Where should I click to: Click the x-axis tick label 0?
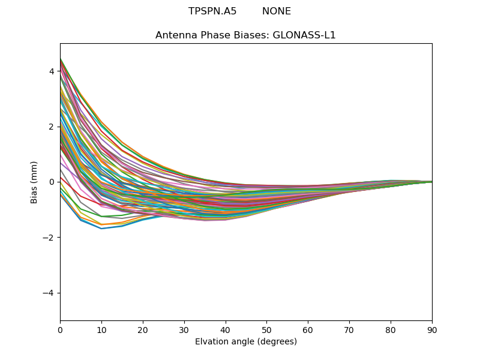(x=60, y=329)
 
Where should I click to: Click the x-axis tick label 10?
(x=101, y=329)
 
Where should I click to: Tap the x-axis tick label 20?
(x=143, y=329)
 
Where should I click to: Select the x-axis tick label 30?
(x=184, y=329)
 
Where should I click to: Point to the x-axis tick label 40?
(x=226, y=329)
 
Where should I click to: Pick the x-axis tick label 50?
(x=266, y=329)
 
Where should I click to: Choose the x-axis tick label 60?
(x=308, y=329)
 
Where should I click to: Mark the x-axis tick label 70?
(x=349, y=329)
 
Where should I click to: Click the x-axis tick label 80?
(x=391, y=329)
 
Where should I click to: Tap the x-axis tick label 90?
(x=432, y=329)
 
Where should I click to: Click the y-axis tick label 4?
(x=52, y=71)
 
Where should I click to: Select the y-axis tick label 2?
(x=52, y=127)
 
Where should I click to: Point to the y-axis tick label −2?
(x=49, y=238)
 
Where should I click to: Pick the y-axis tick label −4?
(x=49, y=293)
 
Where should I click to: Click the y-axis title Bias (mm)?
(x=34, y=182)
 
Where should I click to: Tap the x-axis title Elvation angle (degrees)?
(x=246, y=341)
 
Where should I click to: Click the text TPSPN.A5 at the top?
(x=212, y=11)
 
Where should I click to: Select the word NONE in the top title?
(x=277, y=11)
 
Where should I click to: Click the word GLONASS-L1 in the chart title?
(x=304, y=35)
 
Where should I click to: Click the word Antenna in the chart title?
(x=173, y=35)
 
